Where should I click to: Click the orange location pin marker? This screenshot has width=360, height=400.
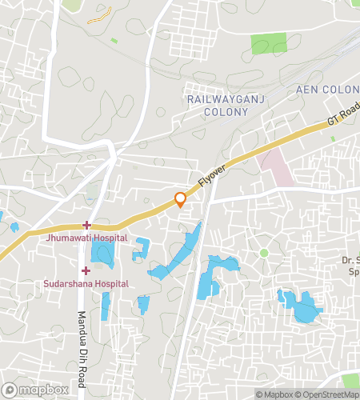pos(181,198)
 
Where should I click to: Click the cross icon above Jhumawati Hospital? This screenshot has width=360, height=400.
pos(86,226)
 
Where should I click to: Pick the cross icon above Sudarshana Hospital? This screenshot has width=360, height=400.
pos(86,271)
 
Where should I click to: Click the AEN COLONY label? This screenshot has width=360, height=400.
pos(328,89)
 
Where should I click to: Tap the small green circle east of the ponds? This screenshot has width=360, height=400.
pos(264,253)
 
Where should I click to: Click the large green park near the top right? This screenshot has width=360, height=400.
pos(269,44)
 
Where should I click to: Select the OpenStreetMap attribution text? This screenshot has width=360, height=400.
pos(328,394)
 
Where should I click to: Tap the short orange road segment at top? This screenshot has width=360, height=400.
pos(99,14)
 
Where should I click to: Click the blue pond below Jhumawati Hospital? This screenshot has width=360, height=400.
pos(102,254)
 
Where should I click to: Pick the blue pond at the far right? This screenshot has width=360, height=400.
pos(302,307)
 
